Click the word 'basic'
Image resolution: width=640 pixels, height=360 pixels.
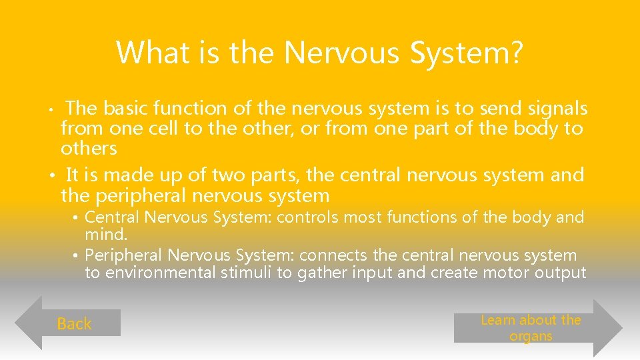(x=124, y=108)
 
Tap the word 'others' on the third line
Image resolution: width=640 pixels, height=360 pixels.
(x=89, y=148)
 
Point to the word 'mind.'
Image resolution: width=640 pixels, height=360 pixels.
(x=106, y=234)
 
